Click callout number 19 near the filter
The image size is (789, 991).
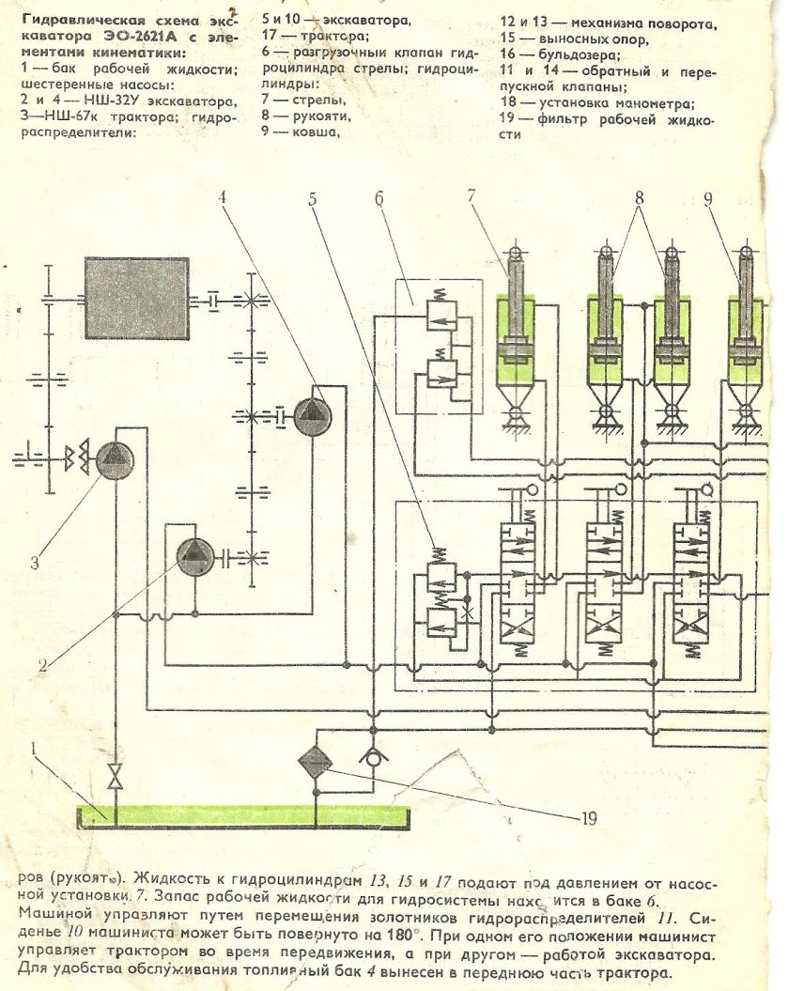tap(588, 818)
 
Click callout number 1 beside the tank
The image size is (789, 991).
tap(34, 749)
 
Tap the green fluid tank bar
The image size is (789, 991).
tap(244, 813)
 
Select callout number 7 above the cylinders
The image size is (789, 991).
tap(471, 197)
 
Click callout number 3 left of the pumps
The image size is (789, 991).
tap(34, 564)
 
